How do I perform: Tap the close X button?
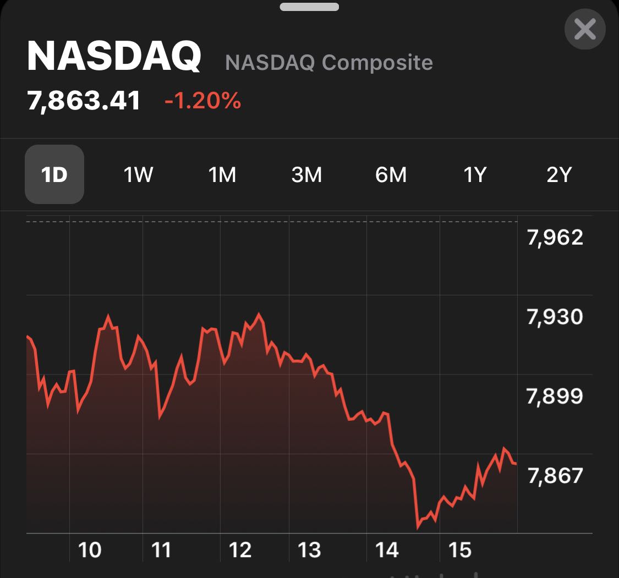coord(584,29)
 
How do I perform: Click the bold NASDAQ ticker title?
coord(114,57)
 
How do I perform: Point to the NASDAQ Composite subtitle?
coord(329,63)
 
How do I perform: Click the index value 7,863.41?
coord(84,101)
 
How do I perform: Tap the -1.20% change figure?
coord(202,101)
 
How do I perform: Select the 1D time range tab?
coord(54,174)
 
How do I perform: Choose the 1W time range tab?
coord(138,175)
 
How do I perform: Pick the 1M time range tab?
coord(222,175)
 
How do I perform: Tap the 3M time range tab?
coord(306,175)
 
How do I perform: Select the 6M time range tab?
coord(391,175)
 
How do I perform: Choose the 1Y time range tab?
coord(475,175)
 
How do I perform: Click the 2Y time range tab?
coord(559,175)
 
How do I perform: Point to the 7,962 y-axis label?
coord(555,238)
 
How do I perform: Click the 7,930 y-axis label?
coord(555,317)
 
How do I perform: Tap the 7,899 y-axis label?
coord(555,396)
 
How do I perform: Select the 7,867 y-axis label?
coord(555,475)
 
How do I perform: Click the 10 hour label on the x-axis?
coord(90,549)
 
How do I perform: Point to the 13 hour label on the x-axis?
coord(309,549)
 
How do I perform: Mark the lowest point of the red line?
coord(418,527)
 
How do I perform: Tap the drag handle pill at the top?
coord(309,7)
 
